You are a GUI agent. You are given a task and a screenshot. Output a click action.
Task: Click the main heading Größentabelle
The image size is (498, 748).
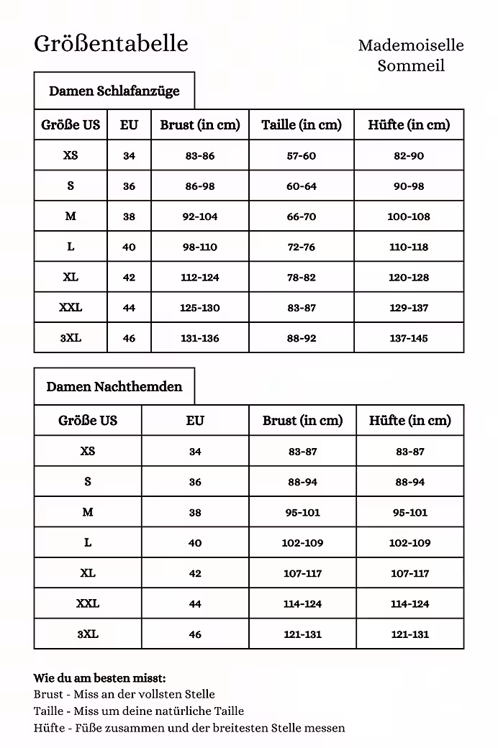tap(111, 44)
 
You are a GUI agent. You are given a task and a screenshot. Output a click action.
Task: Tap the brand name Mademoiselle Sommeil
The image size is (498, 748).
tap(411, 55)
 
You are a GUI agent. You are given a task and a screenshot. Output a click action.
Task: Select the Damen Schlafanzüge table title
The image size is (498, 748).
tap(114, 91)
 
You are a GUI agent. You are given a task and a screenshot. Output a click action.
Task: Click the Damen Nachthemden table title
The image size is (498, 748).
tap(114, 387)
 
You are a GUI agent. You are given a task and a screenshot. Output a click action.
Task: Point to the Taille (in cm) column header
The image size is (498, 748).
tap(301, 125)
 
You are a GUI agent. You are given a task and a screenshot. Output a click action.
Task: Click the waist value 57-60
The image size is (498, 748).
tap(301, 156)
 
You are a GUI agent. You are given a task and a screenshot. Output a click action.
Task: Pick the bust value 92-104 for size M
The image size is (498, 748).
tap(199, 216)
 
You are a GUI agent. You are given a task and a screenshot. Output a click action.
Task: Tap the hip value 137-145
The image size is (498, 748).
tap(408, 338)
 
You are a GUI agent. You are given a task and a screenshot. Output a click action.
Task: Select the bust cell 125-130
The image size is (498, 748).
tap(199, 308)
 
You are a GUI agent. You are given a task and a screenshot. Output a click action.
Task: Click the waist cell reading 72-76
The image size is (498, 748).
tap(301, 247)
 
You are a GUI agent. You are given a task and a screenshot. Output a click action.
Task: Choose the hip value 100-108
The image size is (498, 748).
tap(408, 216)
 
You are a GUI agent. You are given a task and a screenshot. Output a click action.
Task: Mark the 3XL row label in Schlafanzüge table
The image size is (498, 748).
tap(71, 338)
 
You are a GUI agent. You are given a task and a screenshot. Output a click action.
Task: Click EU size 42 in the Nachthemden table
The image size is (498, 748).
tap(195, 574)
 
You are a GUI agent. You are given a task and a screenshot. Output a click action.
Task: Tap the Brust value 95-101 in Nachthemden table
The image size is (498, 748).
tap(302, 513)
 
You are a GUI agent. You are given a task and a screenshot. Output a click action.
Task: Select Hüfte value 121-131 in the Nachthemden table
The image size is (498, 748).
tap(409, 634)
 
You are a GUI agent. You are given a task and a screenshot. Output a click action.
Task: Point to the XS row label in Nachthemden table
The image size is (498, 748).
tap(88, 452)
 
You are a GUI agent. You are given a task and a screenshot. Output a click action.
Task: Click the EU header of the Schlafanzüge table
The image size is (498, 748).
tap(129, 125)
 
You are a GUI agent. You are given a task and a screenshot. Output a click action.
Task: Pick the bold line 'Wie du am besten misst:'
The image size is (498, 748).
tap(99, 678)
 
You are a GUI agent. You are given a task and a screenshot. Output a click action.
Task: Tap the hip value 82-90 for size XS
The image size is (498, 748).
tap(408, 156)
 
